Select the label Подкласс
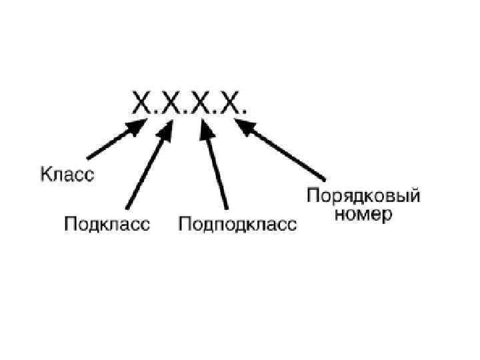107,224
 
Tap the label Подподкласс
237,224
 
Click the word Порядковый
363,197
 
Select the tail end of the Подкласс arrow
127,207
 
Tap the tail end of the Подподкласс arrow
226,207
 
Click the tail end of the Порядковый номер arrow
324,179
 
